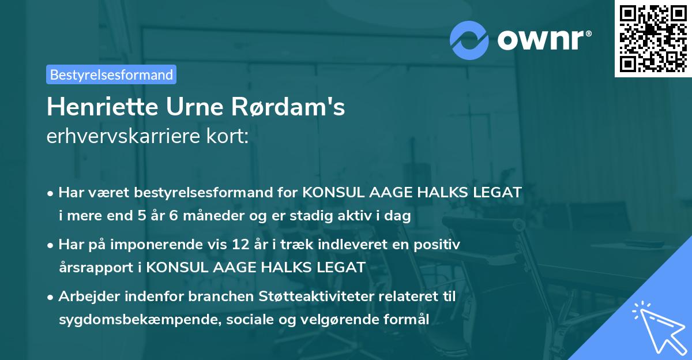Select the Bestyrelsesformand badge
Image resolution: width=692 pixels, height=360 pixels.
111,74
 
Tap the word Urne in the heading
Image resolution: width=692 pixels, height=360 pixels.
188,107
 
